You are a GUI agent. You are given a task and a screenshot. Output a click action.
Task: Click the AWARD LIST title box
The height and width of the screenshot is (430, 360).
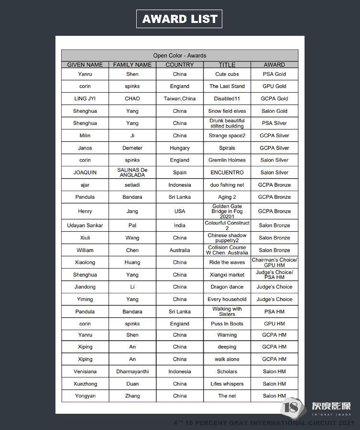point(179,19)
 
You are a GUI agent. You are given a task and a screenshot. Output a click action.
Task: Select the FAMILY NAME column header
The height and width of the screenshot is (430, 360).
point(132,64)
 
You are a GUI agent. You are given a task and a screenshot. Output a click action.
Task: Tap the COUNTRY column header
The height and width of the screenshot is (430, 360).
point(180,64)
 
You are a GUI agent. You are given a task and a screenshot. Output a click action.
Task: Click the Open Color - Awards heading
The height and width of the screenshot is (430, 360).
point(179,55)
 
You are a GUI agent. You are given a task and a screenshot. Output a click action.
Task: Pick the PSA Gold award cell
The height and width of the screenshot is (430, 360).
point(274,74)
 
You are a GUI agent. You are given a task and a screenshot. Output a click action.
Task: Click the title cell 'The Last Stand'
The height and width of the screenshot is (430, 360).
point(227,86)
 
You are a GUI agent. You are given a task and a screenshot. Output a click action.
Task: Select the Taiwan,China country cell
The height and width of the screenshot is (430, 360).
point(180,99)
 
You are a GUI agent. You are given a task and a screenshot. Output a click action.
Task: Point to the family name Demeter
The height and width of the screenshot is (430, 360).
point(132,148)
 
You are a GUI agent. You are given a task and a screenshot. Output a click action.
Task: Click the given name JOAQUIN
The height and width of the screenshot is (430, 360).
point(85,172)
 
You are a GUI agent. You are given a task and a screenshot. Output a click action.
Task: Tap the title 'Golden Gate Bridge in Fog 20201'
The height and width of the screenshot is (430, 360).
point(227,211)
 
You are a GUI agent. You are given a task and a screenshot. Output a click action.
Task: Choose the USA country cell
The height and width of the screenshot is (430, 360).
point(180,211)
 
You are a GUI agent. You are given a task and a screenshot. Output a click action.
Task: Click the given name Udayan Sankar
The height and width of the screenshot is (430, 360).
point(85,226)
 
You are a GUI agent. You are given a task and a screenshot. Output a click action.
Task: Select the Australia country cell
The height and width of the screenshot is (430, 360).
point(180,250)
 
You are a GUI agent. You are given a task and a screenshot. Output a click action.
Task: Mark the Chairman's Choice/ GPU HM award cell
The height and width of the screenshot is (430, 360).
point(274,262)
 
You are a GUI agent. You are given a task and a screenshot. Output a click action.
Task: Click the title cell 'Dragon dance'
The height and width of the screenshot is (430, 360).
point(227,287)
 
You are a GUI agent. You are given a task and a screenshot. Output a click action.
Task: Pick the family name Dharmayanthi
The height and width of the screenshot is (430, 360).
point(132,372)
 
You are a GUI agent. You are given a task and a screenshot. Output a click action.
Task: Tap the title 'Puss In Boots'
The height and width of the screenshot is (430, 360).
point(227,324)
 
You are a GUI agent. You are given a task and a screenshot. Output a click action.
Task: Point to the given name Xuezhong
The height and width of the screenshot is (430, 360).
point(85,384)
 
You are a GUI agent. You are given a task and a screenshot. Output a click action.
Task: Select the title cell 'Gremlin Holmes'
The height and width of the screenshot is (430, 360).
point(227,161)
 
